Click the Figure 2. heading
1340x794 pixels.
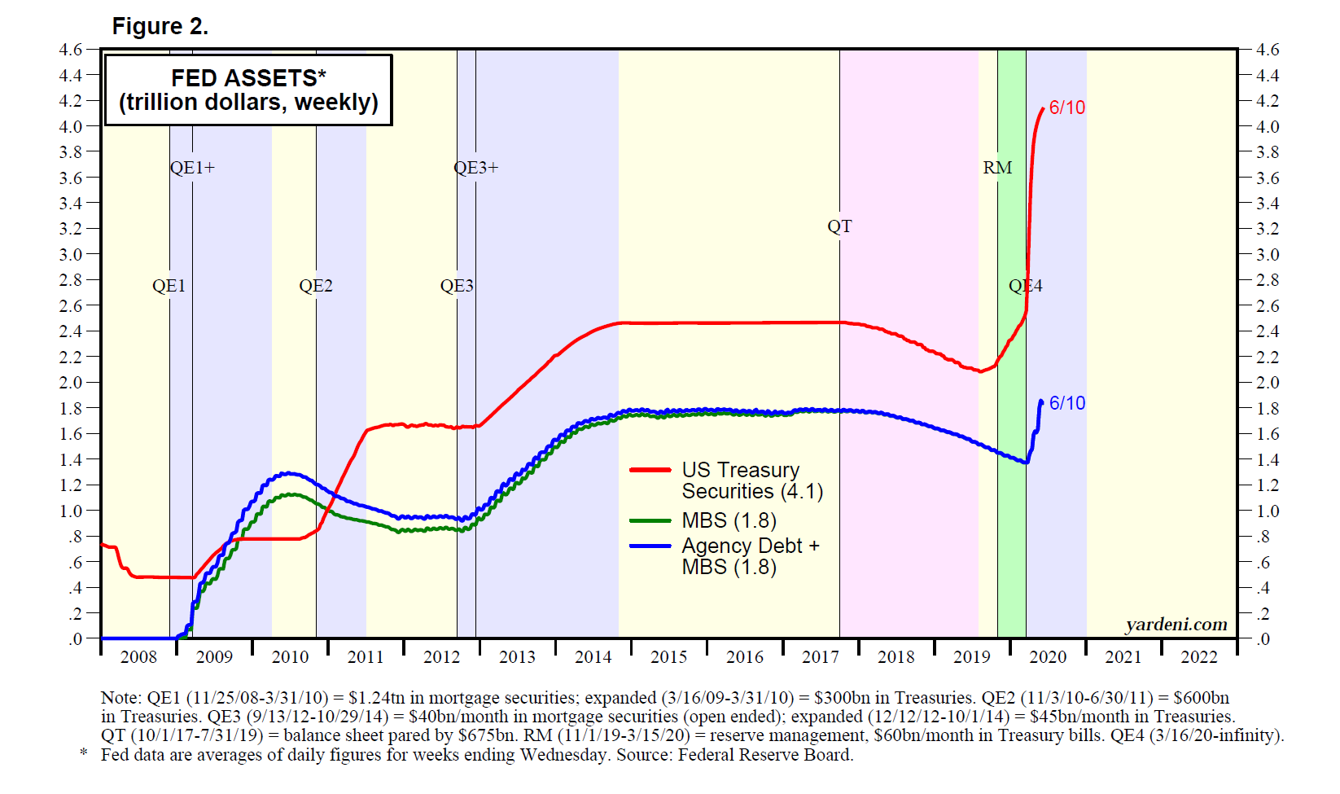[x=160, y=27]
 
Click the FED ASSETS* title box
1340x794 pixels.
[x=248, y=90]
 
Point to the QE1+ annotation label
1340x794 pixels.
[x=192, y=168]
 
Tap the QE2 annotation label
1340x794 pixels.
[x=315, y=286]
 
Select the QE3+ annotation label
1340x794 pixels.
[x=475, y=168]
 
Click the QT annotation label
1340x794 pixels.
[x=839, y=226]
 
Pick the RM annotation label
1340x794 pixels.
[x=997, y=168]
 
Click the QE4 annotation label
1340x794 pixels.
[x=1025, y=286]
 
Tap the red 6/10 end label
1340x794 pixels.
[x=1066, y=107]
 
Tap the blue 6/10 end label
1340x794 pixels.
[x=1066, y=403]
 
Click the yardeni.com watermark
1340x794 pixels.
[x=1176, y=625]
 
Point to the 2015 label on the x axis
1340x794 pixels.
[x=668, y=657]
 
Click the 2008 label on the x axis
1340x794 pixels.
[x=138, y=657]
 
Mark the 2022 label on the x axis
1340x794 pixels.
[x=1198, y=657]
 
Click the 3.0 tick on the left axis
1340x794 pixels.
[x=71, y=254]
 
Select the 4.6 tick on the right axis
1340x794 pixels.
[x=1268, y=50]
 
